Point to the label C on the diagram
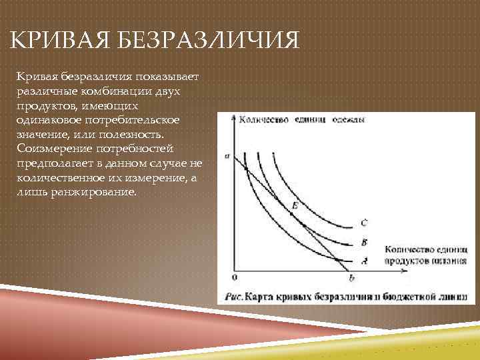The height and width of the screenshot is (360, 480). click(x=363, y=222)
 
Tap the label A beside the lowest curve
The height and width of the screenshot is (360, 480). click(x=363, y=260)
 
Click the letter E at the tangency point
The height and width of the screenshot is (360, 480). click(x=295, y=207)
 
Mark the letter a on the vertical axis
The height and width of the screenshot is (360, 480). click(x=227, y=157)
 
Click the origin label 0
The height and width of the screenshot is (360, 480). click(x=234, y=276)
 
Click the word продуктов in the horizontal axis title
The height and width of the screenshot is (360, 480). click(x=405, y=261)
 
